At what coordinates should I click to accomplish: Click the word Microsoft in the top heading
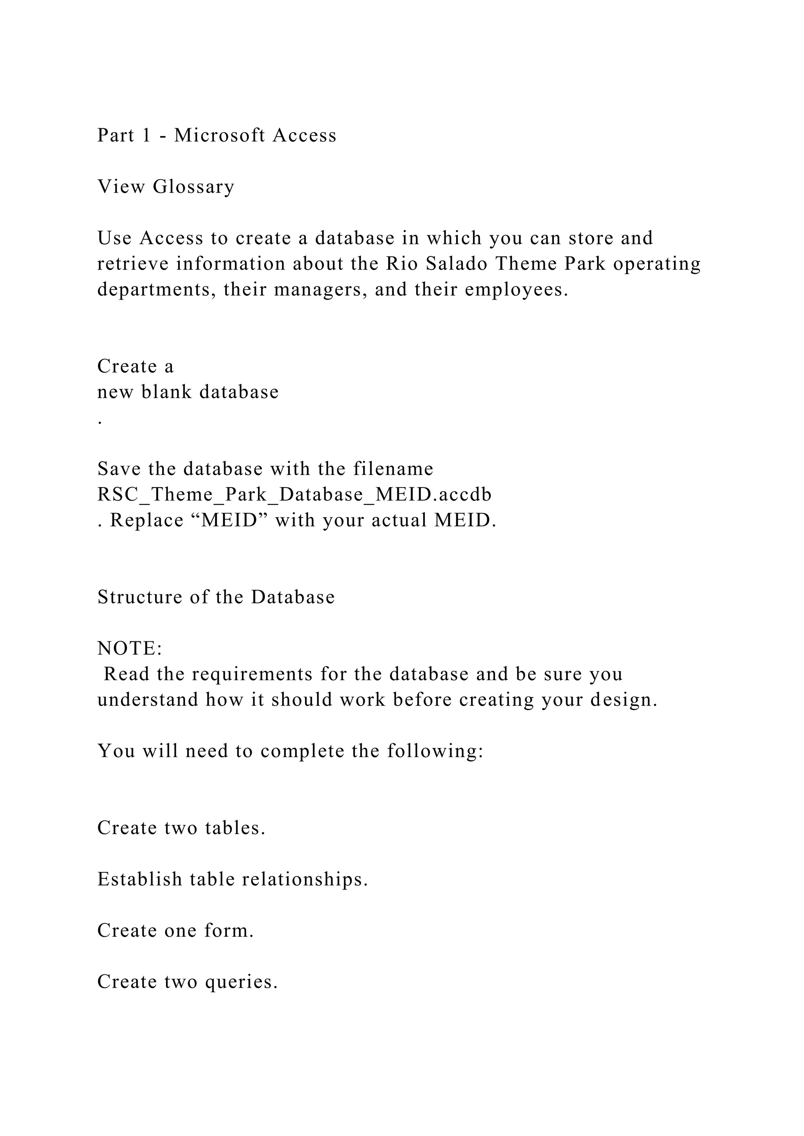coord(219,135)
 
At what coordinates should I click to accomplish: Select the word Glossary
coord(193,187)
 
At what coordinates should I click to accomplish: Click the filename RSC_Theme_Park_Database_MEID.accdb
coord(294,494)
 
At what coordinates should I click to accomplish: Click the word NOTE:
coord(130,648)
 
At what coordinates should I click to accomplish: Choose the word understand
coord(148,700)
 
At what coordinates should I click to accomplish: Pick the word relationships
coord(305,879)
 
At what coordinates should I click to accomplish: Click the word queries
coord(241,981)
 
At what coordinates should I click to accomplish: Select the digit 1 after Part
coord(146,135)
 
